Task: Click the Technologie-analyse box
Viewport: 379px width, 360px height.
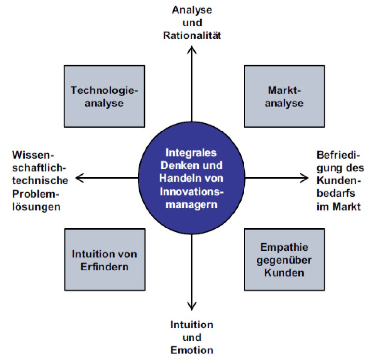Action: (x=104, y=96)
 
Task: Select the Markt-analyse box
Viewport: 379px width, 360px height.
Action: (x=284, y=96)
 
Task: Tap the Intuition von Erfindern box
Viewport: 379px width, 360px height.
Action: (x=104, y=259)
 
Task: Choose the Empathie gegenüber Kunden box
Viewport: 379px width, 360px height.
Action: (x=284, y=259)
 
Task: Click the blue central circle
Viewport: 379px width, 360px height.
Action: (x=192, y=178)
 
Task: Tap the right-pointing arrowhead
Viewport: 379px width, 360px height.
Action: (x=304, y=178)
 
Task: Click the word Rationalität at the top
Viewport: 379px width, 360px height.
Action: (x=192, y=36)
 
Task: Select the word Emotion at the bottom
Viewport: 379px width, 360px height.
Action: (x=192, y=350)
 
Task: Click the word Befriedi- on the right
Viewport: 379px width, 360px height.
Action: (x=337, y=156)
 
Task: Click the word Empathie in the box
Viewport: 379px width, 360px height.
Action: (x=284, y=247)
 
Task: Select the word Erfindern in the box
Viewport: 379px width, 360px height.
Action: (x=104, y=267)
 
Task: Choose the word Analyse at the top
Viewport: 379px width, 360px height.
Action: (x=192, y=9)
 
